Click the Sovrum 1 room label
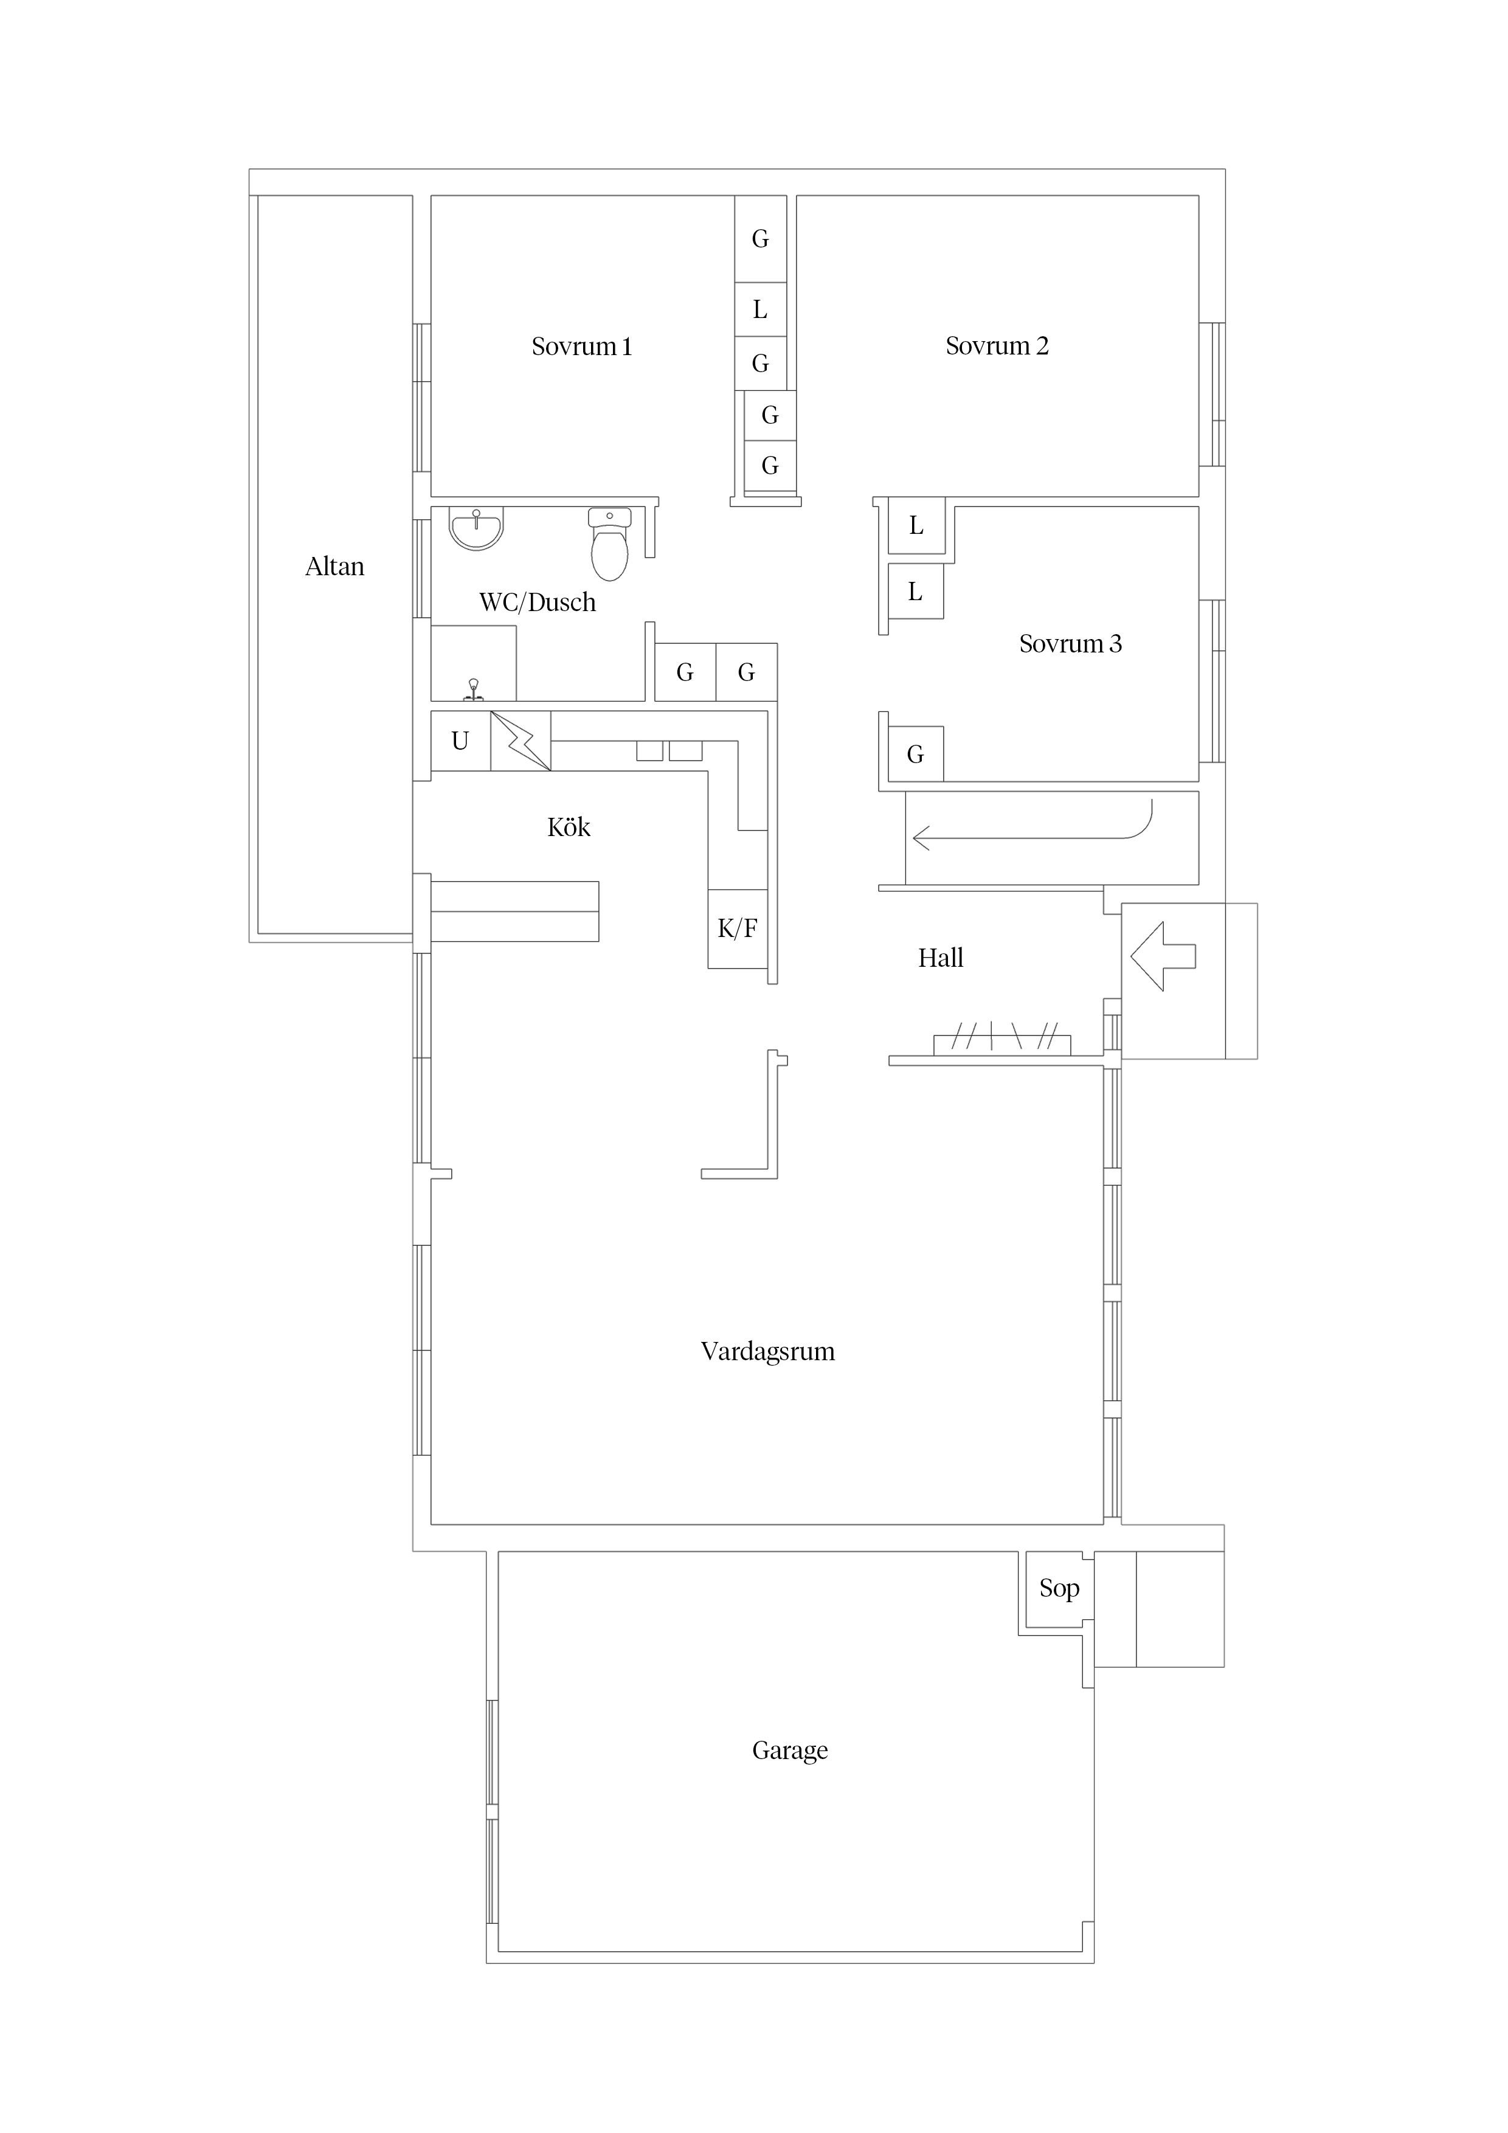coord(582,347)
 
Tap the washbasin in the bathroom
coord(477,528)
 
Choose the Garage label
coord(790,1751)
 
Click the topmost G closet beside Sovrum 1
coord(760,240)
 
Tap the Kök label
coord(569,827)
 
